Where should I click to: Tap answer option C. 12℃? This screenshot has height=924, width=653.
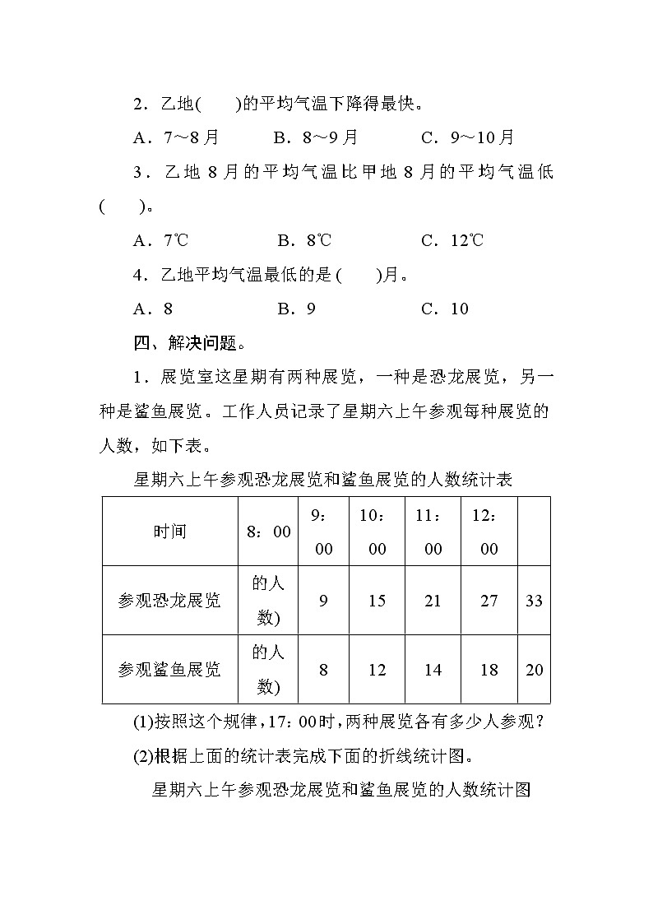[x=452, y=240]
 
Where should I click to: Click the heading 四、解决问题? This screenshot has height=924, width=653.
[x=189, y=342]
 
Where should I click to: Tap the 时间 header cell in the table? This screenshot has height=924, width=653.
[x=169, y=532]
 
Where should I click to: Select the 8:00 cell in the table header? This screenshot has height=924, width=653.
[x=268, y=532]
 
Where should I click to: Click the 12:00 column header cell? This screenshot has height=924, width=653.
[x=489, y=532]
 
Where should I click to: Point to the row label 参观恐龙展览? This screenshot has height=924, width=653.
[x=169, y=601]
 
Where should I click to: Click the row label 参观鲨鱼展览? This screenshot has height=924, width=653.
[x=169, y=670]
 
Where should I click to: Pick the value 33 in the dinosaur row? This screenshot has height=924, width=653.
[x=534, y=601]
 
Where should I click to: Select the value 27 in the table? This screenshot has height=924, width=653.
[x=489, y=601]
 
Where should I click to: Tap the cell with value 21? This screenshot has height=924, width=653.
[x=433, y=601]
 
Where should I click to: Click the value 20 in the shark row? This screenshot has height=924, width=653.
[x=534, y=670]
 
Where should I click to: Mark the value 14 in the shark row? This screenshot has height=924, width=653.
[x=433, y=670]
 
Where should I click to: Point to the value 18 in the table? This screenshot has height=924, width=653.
[x=489, y=670]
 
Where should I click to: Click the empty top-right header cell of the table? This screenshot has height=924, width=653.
[x=534, y=532]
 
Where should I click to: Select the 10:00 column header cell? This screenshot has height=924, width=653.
[x=377, y=532]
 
